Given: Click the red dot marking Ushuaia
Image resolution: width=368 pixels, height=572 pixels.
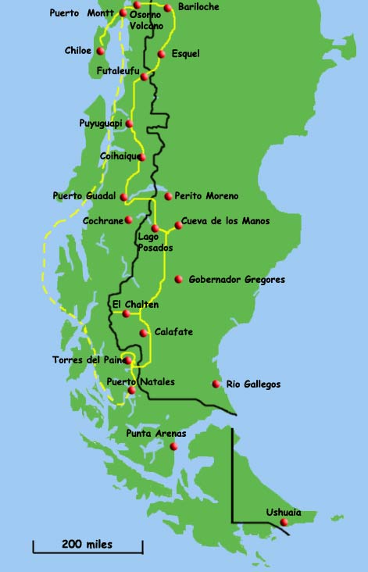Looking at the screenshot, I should click(x=284, y=522).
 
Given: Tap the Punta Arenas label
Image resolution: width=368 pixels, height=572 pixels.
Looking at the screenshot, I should click(x=156, y=432).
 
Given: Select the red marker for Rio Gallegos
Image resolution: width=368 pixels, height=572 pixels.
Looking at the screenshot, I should click(x=216, y=384).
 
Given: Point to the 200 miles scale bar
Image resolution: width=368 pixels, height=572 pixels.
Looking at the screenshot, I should click(x=88, y=544).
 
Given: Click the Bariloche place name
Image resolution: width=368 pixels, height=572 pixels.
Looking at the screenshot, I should click(x=198, y=7).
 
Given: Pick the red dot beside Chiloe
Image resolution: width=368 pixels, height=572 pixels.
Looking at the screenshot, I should click(x=100, y=51).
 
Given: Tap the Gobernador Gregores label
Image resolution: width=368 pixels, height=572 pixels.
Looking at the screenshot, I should click(x=237, y=279).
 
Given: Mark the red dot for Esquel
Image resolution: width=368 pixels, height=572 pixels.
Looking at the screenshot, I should click(x=161, y=54).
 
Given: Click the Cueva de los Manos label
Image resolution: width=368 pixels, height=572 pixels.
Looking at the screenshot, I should click(x=225, y=221).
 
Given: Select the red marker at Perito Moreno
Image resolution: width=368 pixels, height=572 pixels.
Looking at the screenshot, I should click(x=168, y=196).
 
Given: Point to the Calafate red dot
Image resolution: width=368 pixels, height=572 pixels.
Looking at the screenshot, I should click(x=143, y=333).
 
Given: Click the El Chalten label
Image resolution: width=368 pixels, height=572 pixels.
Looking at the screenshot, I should click(x=135, y=304).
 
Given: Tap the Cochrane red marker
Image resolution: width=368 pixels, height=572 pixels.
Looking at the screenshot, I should click(x=128, y=220).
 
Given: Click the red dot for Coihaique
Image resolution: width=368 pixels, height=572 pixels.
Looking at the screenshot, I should click(x=141, y=157).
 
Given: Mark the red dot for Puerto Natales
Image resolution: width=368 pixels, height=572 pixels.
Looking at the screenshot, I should click(x=131, y=390).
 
